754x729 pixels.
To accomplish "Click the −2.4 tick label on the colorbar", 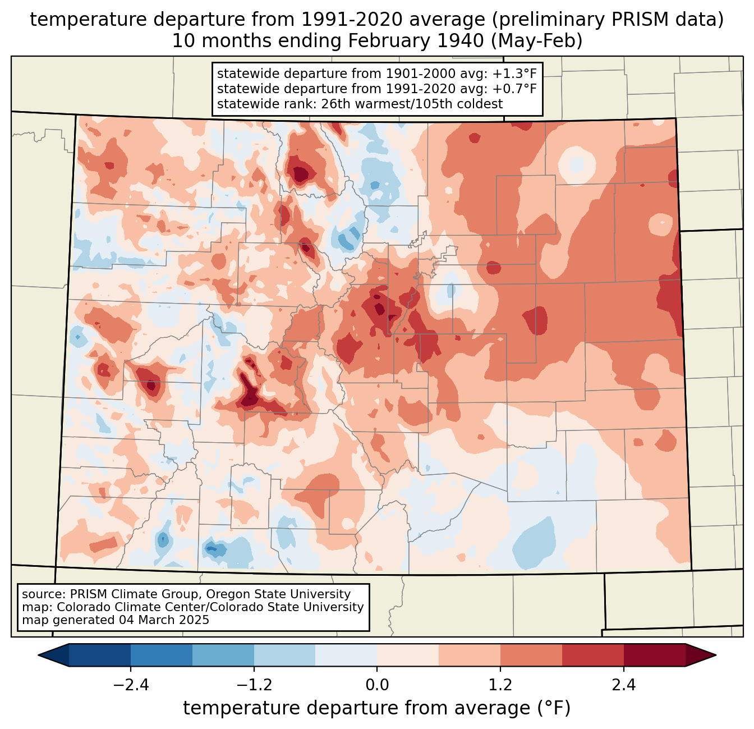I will tap(131, 685).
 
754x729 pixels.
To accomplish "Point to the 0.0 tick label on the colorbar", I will tap(377, 685).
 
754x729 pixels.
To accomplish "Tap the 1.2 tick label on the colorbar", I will tap(500, 685).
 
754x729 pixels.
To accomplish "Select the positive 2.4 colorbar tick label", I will tap(623, 685).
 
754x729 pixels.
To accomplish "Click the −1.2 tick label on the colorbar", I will tap(254, 685).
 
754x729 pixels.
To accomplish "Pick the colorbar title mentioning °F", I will tap(377, 708).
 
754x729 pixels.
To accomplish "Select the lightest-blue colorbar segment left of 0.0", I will tap(346, 655).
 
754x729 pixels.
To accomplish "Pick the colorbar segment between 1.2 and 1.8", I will tap(531, 655).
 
